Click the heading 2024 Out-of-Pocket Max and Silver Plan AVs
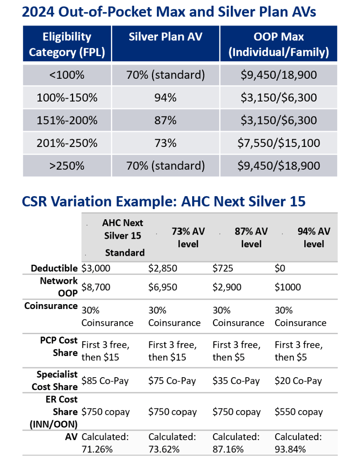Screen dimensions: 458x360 coord(169,12)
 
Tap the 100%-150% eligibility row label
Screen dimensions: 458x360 coord(67,97)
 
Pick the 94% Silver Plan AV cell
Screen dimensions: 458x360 coord(165,97)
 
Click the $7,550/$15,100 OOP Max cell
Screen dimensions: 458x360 coord(279,143)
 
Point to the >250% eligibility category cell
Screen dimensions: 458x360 coord(67,166)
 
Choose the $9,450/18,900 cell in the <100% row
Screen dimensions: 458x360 coord(279,75)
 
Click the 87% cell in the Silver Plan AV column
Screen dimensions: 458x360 coord(165,120)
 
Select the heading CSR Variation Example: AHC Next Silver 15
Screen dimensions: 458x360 coord(163,201)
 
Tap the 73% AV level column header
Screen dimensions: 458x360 coord(188,238)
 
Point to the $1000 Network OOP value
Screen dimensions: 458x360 coord(288,287)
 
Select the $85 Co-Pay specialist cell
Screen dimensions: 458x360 coord(105,381)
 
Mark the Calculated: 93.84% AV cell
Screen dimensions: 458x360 coord(298,442)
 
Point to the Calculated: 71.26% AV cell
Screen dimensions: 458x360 coord(105,442)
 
